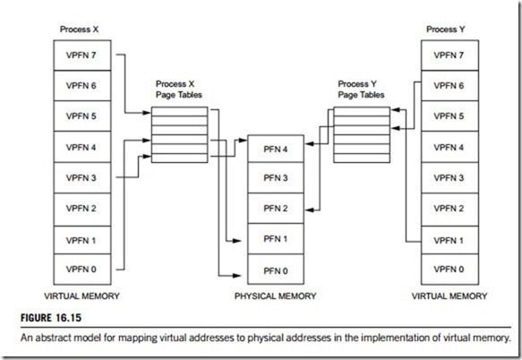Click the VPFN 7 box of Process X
click(x=82, y=56)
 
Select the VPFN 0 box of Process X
click(x=82, y=270)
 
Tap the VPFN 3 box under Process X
click(x=82, y=178)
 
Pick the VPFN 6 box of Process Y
click(x=449, y=86)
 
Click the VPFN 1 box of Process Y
click(x=449, y=240)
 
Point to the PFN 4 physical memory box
click(x=276, y=149)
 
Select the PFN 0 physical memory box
click(x=276, y=270)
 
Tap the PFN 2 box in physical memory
click(x=276, y=209)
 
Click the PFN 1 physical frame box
click(x=276, y=239)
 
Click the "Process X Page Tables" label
click(x=179, y=90)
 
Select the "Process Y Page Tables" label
click(x=361, y=90)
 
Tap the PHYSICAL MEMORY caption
click(x=275, y=296)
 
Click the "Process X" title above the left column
click(x=79, y=30)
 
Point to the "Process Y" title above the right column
click(x=445, y=30)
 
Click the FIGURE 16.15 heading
click(x=51, y=318)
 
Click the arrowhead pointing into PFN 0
click(x=236, y=276)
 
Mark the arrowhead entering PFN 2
click(x=310, y=210)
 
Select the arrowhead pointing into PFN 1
click(x=236, y=240)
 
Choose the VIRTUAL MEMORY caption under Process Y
click(x=449, y=296)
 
